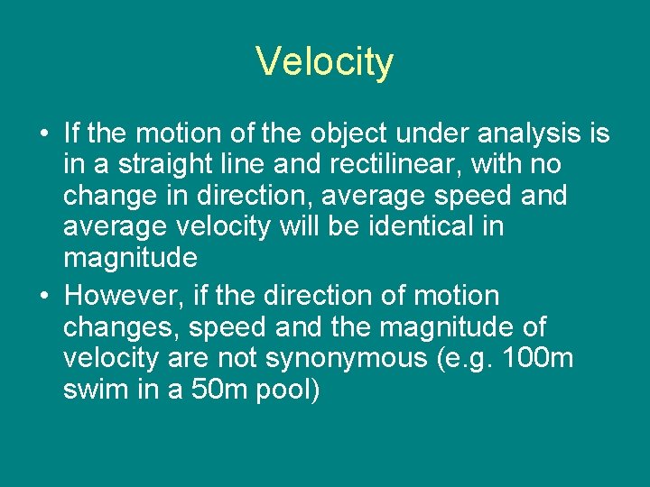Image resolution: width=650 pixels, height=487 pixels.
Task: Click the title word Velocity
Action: tap(324, 62)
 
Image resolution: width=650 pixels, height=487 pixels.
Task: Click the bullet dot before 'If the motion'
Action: tap(44, 134)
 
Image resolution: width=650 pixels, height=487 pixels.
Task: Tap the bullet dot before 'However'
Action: tap(44, 296)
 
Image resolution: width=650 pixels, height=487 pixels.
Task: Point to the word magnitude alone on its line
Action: tap(130, 258)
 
